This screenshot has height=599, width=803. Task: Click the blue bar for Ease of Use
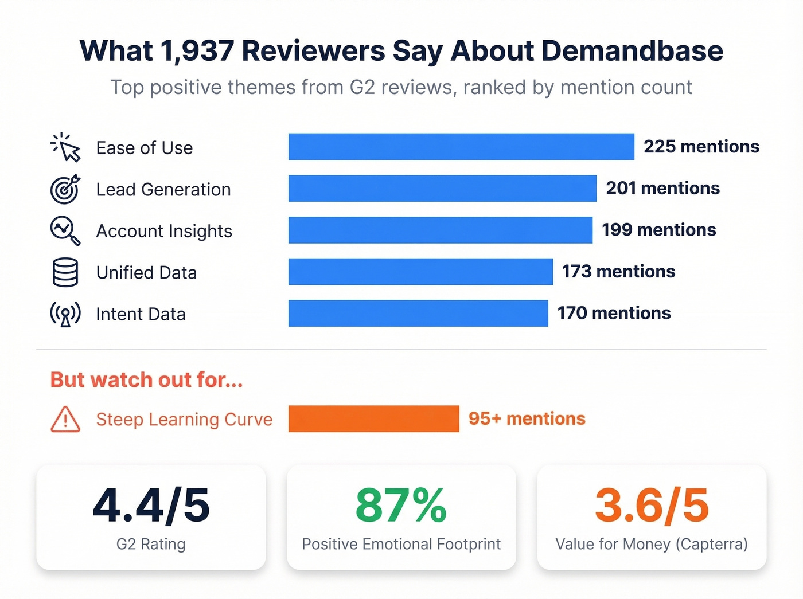coord(461,147)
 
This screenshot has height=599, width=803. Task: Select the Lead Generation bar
coord(442,189)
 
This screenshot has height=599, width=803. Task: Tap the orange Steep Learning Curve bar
coord(373,418)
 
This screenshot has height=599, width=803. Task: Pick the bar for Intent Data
coord(418,314)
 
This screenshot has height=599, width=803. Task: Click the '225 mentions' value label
coord(701,147)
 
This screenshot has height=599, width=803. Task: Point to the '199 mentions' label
coord(658,230)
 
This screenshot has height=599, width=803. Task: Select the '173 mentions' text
coord(618,272)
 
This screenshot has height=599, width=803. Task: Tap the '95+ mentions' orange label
coord(527,419)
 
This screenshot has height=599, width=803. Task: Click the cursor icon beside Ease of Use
coord(65,147)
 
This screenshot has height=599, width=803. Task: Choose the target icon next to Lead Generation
coord(65,189)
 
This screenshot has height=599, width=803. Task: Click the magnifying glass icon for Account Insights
coord(65,230)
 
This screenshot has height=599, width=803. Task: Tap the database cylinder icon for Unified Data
coord(65,272)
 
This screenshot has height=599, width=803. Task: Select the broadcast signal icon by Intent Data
coord(65,314)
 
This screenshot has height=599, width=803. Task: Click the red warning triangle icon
coord(65,420)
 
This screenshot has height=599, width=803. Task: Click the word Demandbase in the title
coord(632,51)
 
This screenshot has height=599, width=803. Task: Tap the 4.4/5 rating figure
coord(151,506)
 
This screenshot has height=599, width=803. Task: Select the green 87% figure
coord(401,506)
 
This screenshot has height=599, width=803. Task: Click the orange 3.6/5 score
coord(652,506)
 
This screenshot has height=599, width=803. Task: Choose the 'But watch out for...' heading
coord(147,380)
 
